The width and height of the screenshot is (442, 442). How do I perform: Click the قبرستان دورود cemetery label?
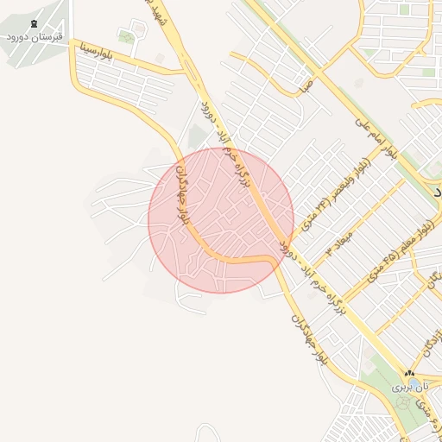click(36, 38)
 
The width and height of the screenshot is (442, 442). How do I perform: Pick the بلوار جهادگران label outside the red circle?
click(308, 337)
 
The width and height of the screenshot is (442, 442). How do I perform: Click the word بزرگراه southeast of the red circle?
click(338, 297)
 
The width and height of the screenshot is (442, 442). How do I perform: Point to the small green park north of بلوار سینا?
click(128, 37)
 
